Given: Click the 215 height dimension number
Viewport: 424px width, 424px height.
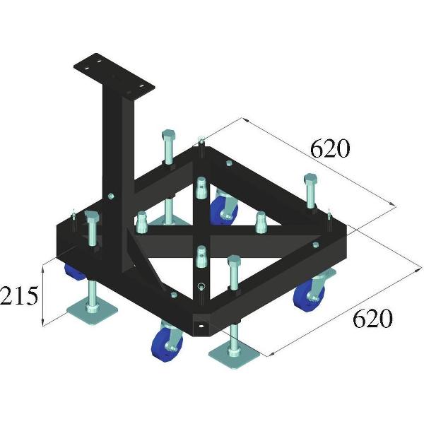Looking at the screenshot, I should click(x=18, y=295).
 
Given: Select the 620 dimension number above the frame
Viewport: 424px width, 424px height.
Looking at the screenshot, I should click(x=330, y=148).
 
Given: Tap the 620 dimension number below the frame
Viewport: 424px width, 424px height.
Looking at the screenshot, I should click(x=371, y=319).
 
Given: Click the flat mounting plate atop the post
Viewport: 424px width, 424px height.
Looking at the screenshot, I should click(x=114, y=75).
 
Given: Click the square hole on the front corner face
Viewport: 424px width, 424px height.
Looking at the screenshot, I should click(x=204, y=326).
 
